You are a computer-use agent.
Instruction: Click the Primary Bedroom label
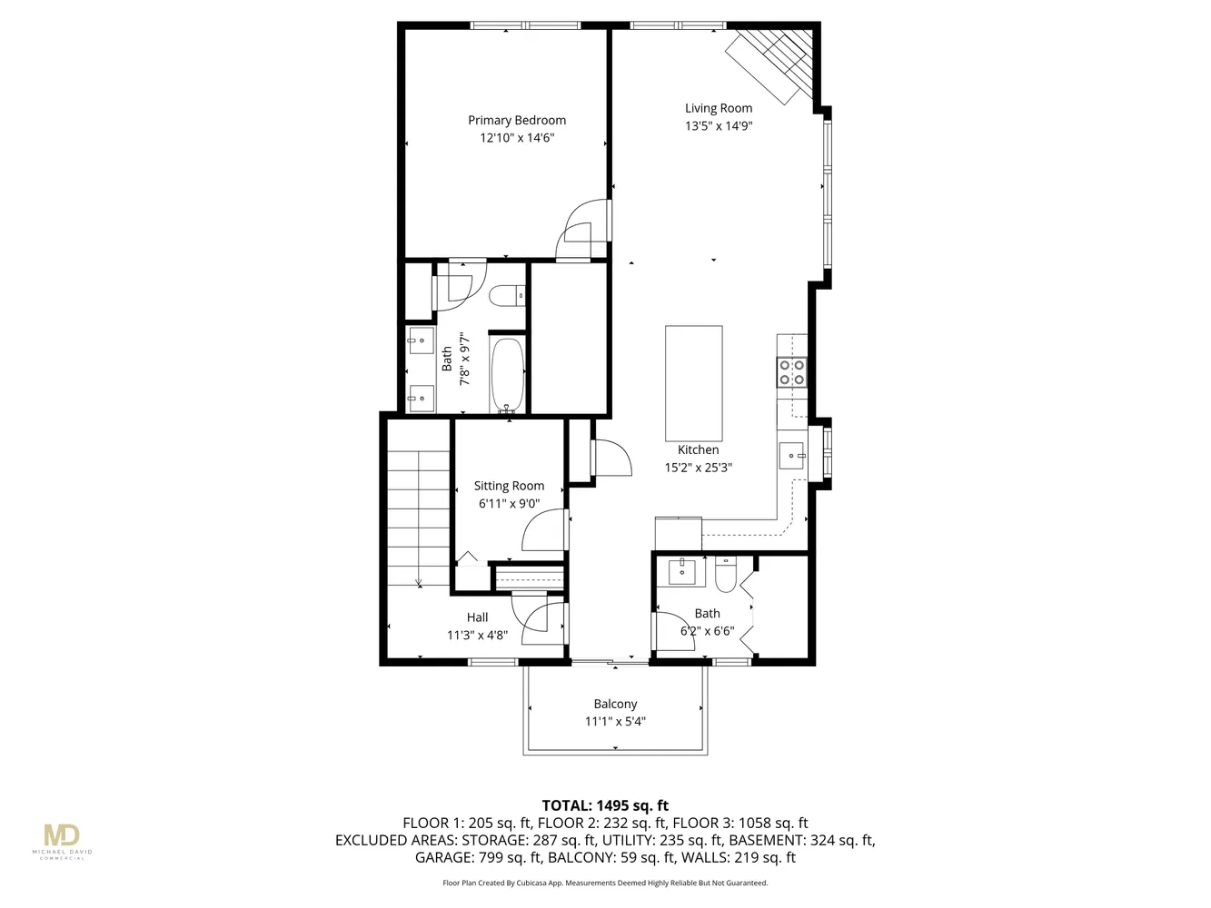tap(516, 120)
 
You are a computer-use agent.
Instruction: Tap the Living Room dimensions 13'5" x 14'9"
tap(718, 126)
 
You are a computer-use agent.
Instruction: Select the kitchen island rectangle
tap(694, 382)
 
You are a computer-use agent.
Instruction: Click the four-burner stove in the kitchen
tap(791, 373)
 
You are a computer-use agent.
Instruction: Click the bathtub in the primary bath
tap(508, 374)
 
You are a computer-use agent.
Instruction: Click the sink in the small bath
tap(681, 572)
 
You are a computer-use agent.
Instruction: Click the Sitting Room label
tap(509, 486)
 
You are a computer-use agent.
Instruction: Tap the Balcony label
tap(615, 704)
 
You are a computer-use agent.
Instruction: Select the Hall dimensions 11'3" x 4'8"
tap(477, 636)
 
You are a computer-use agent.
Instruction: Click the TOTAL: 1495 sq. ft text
tap(605, 805)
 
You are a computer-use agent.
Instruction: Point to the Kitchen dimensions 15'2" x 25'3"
tap(698, 468)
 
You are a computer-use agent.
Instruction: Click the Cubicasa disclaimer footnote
tap(605, 883)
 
